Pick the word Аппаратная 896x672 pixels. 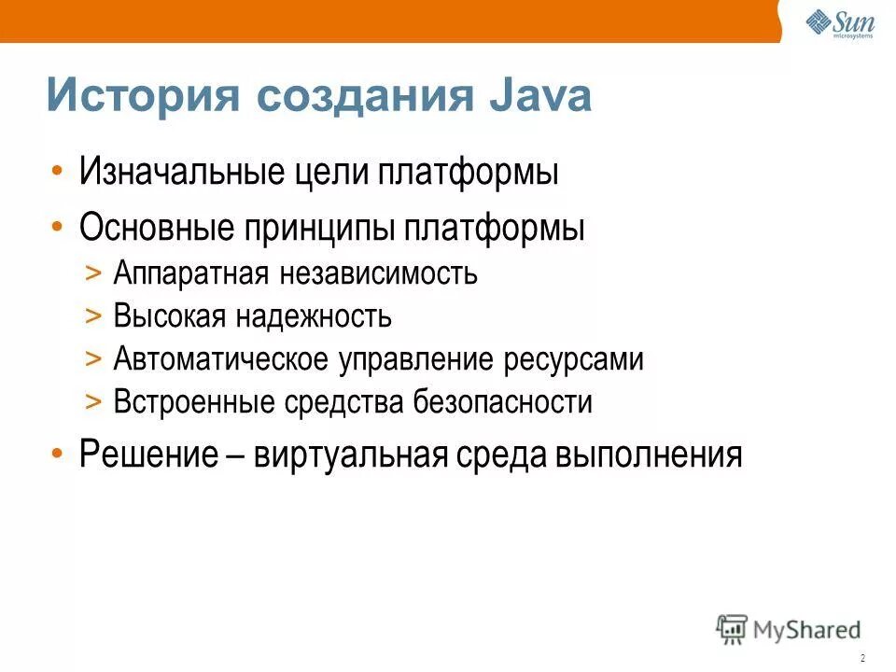coord(191,274)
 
